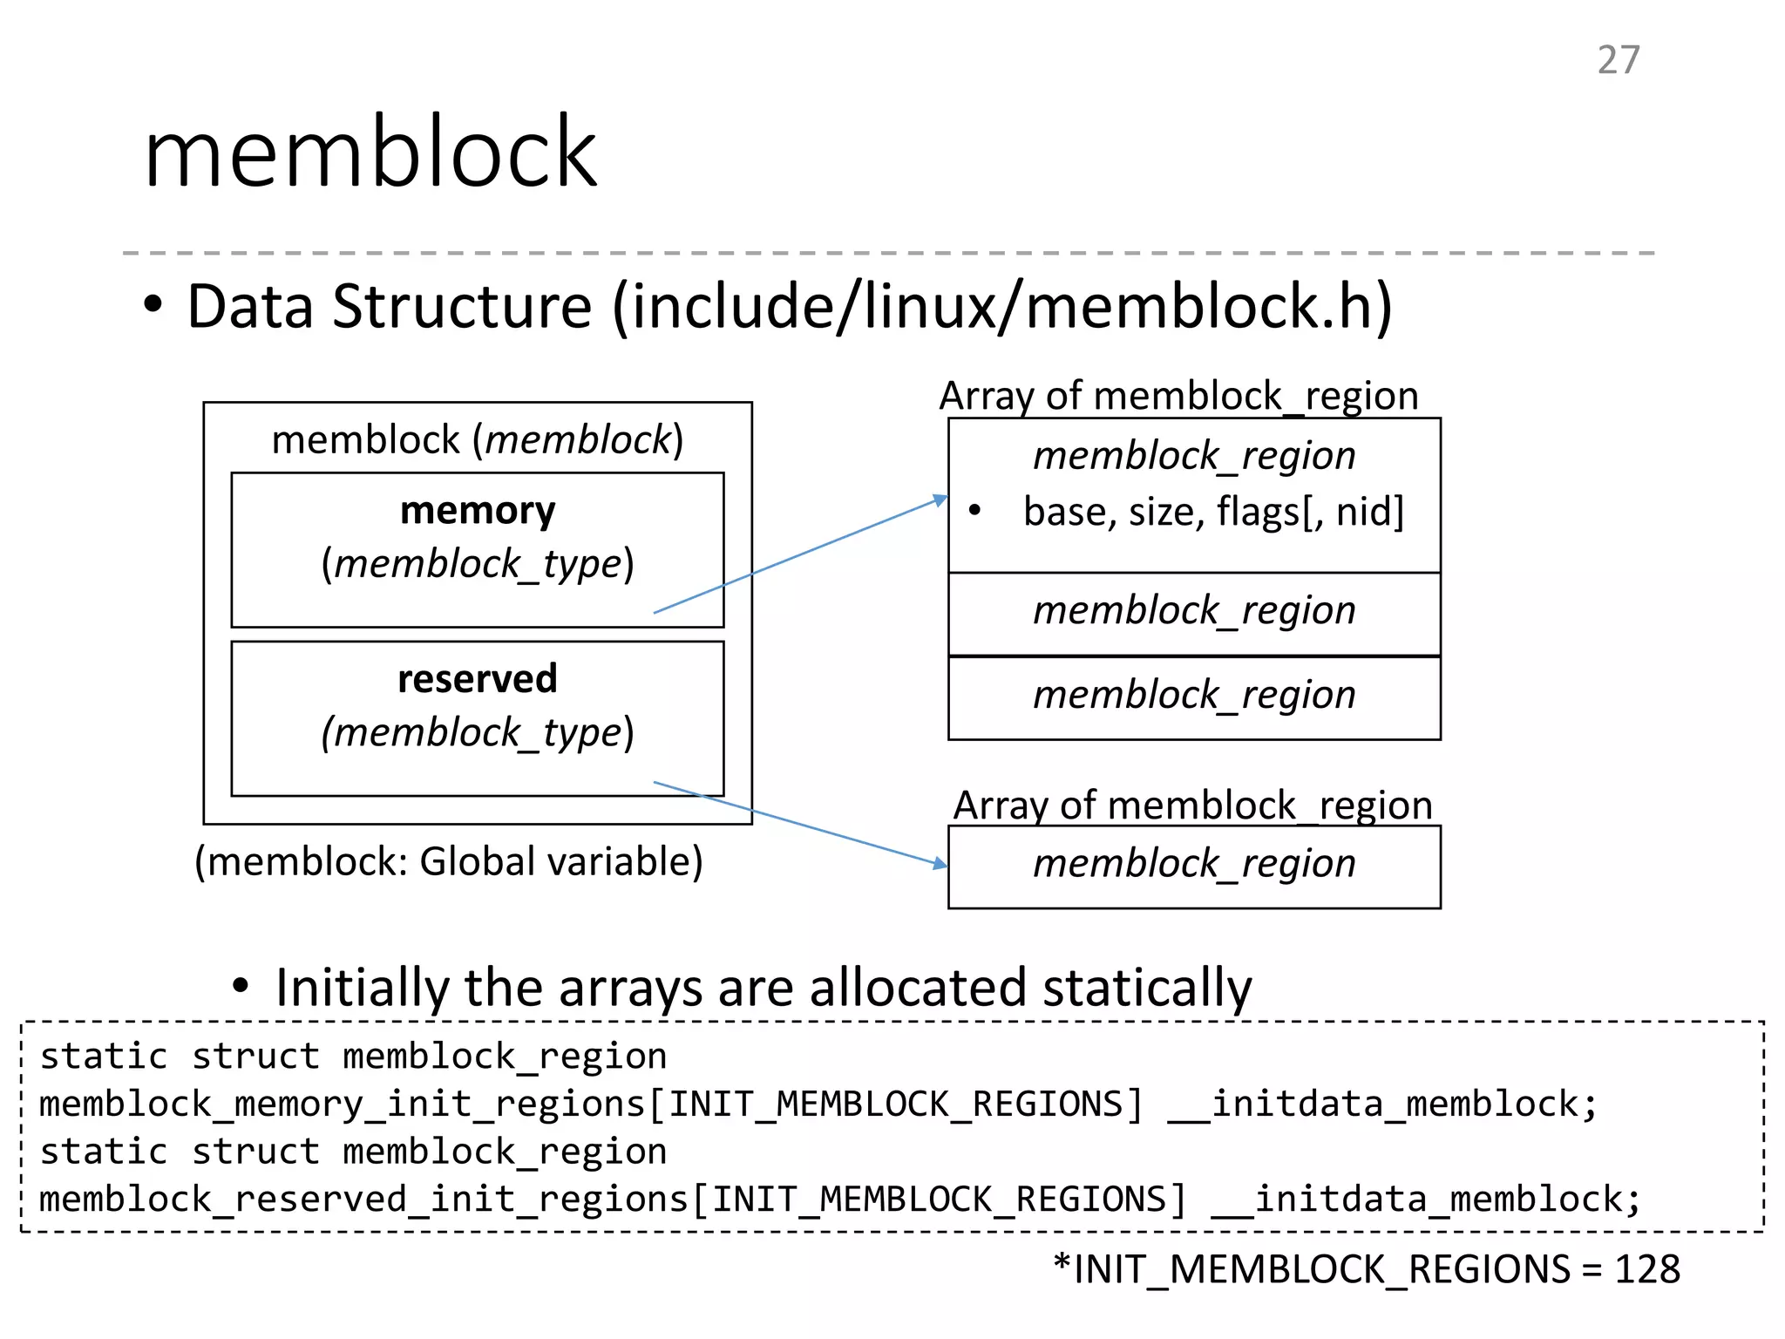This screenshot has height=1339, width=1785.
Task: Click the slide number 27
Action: point(1618,60)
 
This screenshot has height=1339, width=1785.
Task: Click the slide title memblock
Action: point(370,153)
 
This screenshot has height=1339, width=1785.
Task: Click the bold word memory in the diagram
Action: point(477,511)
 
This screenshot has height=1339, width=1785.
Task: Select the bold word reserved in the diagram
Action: point(477,679)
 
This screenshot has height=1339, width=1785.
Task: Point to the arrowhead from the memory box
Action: point(940,500)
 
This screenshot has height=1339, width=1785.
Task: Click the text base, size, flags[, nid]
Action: point(1212,512)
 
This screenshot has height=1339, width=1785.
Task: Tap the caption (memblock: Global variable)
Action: point(448,861)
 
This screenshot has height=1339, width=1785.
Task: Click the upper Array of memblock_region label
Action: point(1178,396)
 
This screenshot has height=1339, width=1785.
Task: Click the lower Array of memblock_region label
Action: point(1192,805)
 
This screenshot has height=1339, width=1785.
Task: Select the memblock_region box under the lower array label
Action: point(1194,865)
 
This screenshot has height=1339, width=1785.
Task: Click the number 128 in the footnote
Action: point(1646,1269)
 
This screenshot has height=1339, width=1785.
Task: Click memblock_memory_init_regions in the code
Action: point(342,1105)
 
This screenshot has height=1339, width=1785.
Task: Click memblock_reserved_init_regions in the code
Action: point(363,1200)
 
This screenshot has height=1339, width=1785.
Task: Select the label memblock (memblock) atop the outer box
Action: point(477,439)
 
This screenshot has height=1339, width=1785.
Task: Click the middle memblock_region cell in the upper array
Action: point(1194,611)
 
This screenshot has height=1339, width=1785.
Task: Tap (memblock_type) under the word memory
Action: point(477,564)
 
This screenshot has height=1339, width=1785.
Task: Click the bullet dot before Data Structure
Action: point(153,306)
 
